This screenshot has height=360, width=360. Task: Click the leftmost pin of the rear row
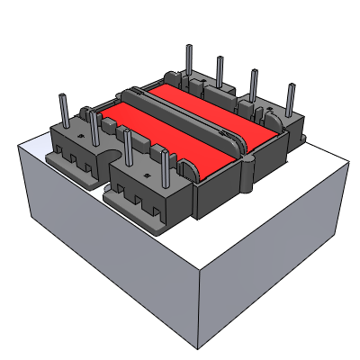189,62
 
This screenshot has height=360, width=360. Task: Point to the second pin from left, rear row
219,73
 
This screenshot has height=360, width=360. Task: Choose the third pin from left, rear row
253,86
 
